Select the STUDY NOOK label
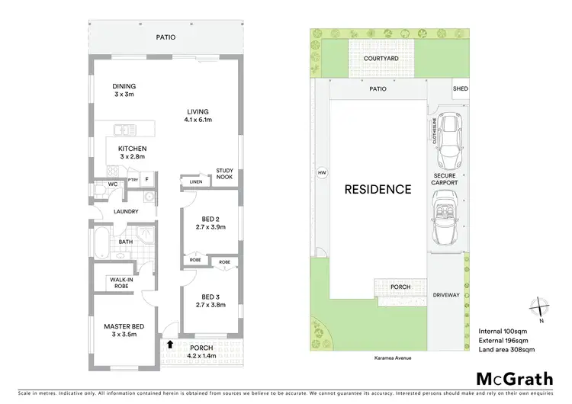tap(224, 174)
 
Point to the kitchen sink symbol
tap(124, 130)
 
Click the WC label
tap(111, 184)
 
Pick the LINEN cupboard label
tap(196, 182)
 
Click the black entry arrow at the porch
tap(167, 345)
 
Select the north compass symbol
tap(540, 306)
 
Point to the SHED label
tap(460, 89)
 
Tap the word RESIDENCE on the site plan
tap(378, 190)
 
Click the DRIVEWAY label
tap(447, 293)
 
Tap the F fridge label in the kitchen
tap(147, 180)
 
